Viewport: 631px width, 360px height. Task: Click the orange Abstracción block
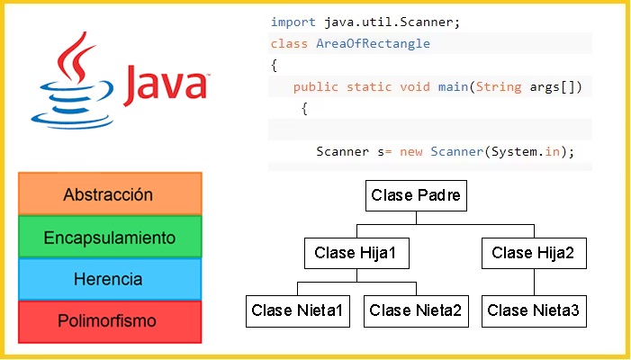110,193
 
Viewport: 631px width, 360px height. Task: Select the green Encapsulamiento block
110,237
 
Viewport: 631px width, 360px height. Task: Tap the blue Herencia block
110,279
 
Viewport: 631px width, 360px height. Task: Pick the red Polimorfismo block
110,322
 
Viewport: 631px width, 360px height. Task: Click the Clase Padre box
416,195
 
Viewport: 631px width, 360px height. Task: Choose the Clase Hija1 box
356,253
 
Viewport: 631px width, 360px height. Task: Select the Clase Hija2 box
534,253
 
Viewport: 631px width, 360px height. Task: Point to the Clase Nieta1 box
298,310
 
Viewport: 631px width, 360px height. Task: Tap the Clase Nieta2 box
416,310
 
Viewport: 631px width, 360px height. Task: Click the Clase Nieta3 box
534,310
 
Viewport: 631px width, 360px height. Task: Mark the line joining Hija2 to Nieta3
534,282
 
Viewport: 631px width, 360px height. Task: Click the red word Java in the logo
166,85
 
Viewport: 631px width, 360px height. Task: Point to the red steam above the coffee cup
76,57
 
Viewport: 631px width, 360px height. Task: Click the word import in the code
293,22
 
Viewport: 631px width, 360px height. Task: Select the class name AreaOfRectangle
373,43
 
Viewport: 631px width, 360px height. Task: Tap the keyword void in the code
415,87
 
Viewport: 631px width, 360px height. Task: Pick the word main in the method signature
453,87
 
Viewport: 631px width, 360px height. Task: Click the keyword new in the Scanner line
411,152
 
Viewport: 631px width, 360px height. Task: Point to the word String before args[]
499,87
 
